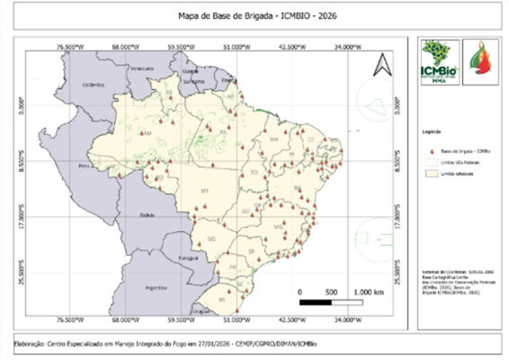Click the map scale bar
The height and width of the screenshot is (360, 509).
pyautogui.click(x=329, y=302)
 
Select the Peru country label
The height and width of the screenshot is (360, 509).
pyautogui.click(x=85, y=167)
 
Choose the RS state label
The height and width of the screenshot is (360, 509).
pyautogui.click(x=222, y=296)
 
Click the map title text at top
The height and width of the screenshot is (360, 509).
pyautogui.click(x=254, y=16)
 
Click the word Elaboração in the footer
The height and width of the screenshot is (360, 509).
pyautogui.click(x=34, y=343)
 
